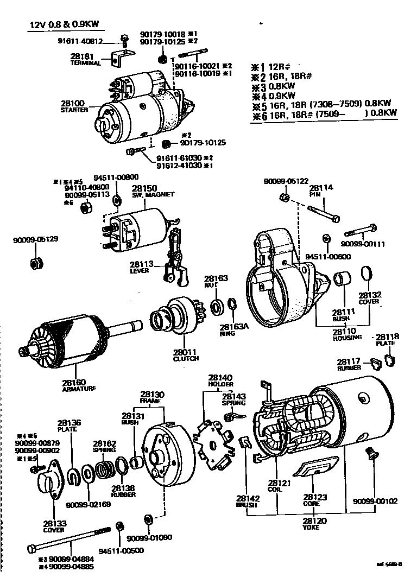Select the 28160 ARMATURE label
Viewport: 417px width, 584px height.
pyautogui.click(x=79, y=385)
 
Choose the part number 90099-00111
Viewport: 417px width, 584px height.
pyautogui.click(x=363, y=244)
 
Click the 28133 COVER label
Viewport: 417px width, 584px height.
pyautogui.click(x=55, y=527)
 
